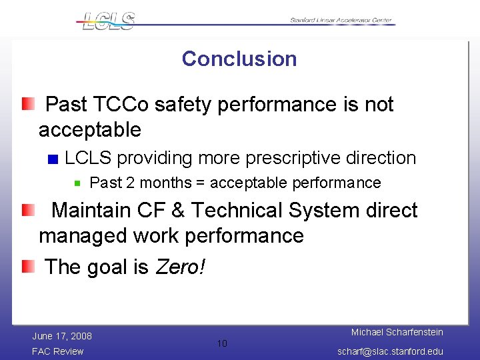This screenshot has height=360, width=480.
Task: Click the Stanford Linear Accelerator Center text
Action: coord(341,20)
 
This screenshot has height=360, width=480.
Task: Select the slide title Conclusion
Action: coord(239,59)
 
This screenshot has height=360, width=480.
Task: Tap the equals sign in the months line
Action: coord(200,183)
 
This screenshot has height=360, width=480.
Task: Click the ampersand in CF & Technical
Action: coord(178,211)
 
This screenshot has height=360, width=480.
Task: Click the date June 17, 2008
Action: coord(62,336)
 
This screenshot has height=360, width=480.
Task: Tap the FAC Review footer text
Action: coord(58,351)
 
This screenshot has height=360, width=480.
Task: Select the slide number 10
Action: coord(222,343)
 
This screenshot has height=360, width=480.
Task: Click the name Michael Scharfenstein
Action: coord(397,332)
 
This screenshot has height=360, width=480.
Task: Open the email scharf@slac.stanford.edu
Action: coord(391,351)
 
